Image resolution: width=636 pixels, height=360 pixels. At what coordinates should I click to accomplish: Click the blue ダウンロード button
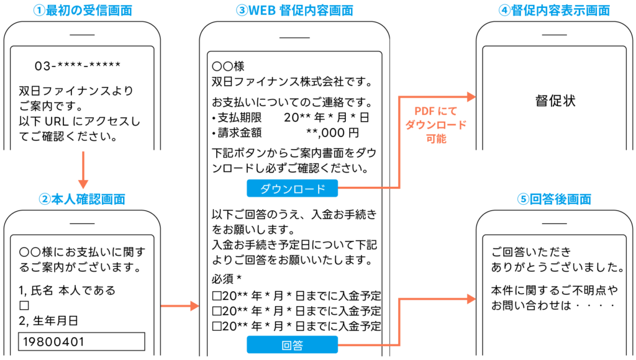pyautogui.click(x=292, y=188)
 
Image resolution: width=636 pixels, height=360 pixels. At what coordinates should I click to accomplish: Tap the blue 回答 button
pyautogui.click(x=292, y=344)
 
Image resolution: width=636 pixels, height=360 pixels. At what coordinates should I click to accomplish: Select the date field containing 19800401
pyautogui.click(x=82, y=342)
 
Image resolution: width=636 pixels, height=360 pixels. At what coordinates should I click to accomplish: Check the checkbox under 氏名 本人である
pyautogui.click(x=24, y=305)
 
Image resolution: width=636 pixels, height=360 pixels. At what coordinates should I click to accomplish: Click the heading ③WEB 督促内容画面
pyautogui.click(x=295, y=11)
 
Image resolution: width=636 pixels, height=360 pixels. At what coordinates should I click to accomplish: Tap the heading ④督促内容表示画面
pyautogui.click(x=554, y=11)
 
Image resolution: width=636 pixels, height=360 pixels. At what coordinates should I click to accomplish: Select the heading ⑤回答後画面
pyautogui.click(x=554, y=199)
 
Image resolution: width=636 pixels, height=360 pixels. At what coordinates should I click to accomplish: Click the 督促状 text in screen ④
pyautogui.click(x=555, y=101)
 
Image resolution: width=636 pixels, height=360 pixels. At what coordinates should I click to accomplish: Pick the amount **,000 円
pyautogui.click(x=332, y=132)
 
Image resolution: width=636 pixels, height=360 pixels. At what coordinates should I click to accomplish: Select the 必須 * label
pyautogui.click(x=225, y=277)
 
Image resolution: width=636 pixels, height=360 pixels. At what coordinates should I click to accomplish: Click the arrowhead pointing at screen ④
pyautogui.click(x=471, y=97)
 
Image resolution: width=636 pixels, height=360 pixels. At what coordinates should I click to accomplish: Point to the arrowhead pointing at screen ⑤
pyautogui.click(x=471, y=299)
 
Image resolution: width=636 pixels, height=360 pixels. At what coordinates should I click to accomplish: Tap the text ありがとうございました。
pyautogui.click(x=557, y=268)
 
